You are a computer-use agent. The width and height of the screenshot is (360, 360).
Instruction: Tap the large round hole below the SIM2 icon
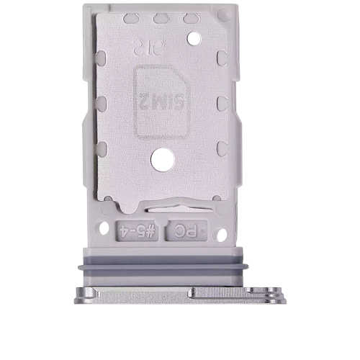pos(161,159)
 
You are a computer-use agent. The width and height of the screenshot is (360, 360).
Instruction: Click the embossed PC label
pos(186,231)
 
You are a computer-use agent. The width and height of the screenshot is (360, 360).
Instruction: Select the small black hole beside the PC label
pos(221,234)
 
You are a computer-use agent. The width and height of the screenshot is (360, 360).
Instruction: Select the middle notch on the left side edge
pos(102,102)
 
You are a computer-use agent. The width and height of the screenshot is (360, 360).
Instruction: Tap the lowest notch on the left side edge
pos(102,149)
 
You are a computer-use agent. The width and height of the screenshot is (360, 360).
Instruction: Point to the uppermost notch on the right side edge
pos(222,56)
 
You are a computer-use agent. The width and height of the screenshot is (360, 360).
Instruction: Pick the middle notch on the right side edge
pos(222,102)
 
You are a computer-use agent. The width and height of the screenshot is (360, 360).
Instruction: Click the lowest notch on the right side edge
pos(222,149)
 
